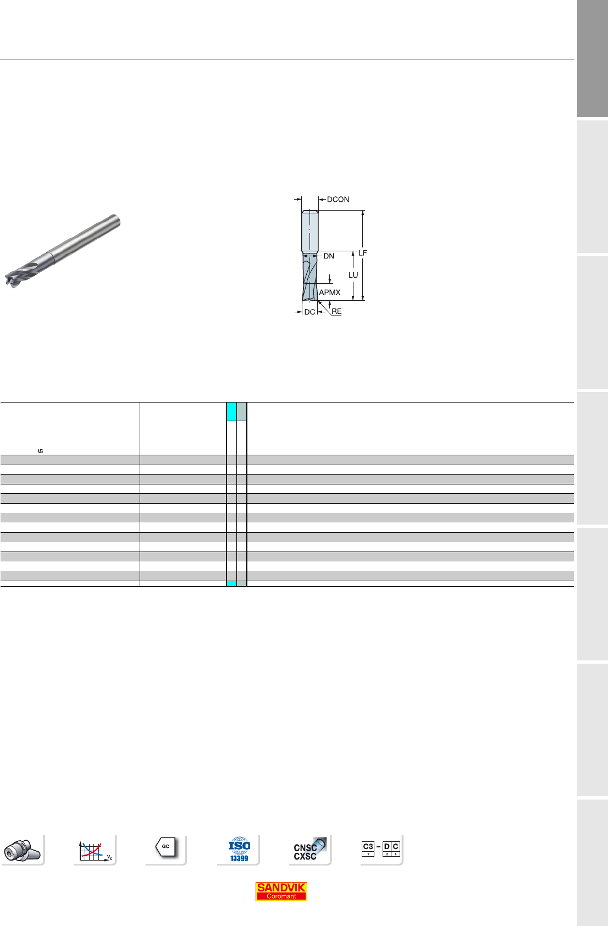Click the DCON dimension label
[338, 199]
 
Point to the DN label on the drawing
[329, 256]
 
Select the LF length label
[362, 252]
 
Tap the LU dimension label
[353, 275]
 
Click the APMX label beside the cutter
[329, 293]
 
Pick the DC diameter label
[309, 312]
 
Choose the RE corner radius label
[336, 311]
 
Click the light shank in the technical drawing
[309, 230]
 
